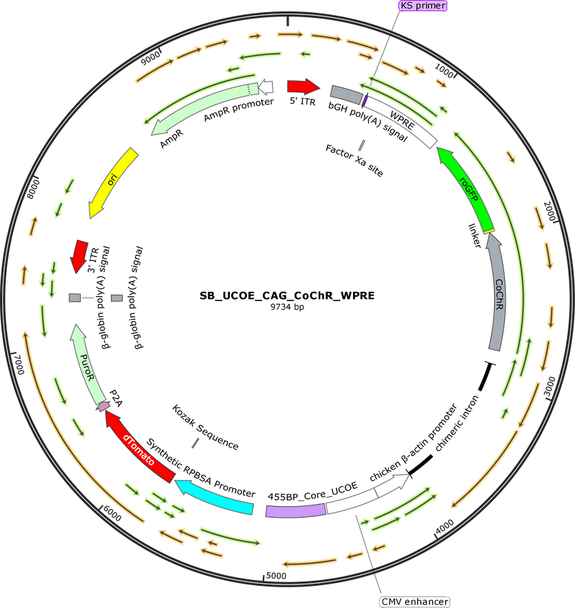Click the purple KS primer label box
[x=422, y=6]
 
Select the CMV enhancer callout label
[x=415, y=602]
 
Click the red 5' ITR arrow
[x=304, y=87]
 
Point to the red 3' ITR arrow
[x=79, y=256]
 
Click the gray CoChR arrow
[x=496, y=293]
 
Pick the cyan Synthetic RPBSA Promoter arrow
[x=213, y=497]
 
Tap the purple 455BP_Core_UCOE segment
[x=296, y=510]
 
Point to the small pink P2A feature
[x=103, y=406]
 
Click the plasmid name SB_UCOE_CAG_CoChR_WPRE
[x=287, y=296]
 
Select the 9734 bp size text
[x=287, y=307]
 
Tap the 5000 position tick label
[x=276, y=576]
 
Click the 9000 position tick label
[x=150, y=58]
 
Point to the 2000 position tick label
[x=550, y=212]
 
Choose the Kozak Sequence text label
[x=206, y=427]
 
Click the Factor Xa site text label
[x=354, y=161]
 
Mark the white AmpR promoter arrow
[x=266, y=87]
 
